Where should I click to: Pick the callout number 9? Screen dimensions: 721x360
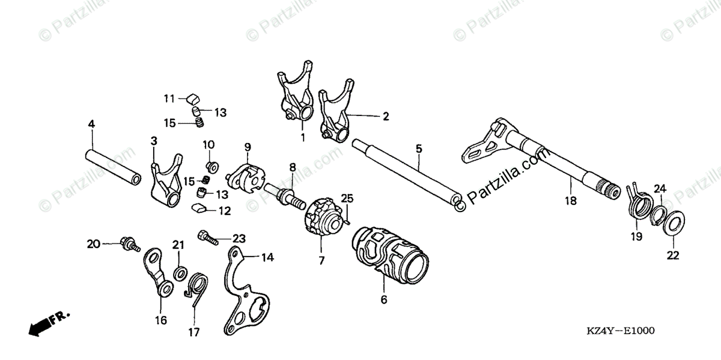[247, 147]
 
